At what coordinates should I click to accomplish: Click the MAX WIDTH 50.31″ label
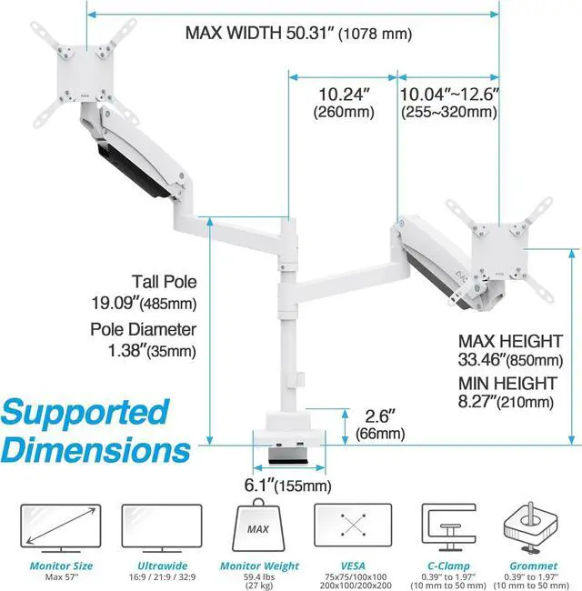coord(298,34)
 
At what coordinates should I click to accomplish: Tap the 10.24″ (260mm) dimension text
coord(345,102)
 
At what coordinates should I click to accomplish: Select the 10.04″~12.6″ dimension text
coord(449,102)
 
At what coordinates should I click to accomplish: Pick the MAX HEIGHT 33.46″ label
coord(510,350)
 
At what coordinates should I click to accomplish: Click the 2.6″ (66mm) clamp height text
coord(379,425)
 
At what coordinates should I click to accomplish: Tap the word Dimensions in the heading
coord(95,449)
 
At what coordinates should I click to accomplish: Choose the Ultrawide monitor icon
coord(162,528)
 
